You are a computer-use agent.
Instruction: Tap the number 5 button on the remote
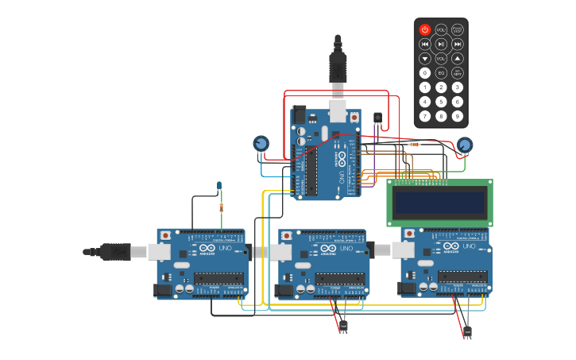click(441, 101)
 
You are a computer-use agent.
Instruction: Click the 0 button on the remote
click(424, 72)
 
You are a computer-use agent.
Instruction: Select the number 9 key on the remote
click(458, 116)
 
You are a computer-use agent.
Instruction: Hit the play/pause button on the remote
click(441, 44)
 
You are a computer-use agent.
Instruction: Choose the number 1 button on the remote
click(424, 87)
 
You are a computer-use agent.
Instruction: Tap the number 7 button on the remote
click(424, 116)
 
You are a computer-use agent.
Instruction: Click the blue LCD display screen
click(439, 203)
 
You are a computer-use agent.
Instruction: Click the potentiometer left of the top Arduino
click(261, 143)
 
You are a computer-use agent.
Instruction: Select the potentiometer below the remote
click(464, 145)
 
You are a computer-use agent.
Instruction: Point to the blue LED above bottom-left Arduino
click(219, 186)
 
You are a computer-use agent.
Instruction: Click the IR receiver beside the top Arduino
click(377, 118)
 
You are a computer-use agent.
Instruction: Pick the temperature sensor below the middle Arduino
click(343, 325)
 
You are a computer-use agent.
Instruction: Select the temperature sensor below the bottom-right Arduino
click(466, 331)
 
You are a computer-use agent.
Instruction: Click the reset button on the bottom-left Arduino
click(165, 235)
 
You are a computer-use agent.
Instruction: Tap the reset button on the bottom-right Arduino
click(409, 234)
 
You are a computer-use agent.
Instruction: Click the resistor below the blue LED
click(221, 207)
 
